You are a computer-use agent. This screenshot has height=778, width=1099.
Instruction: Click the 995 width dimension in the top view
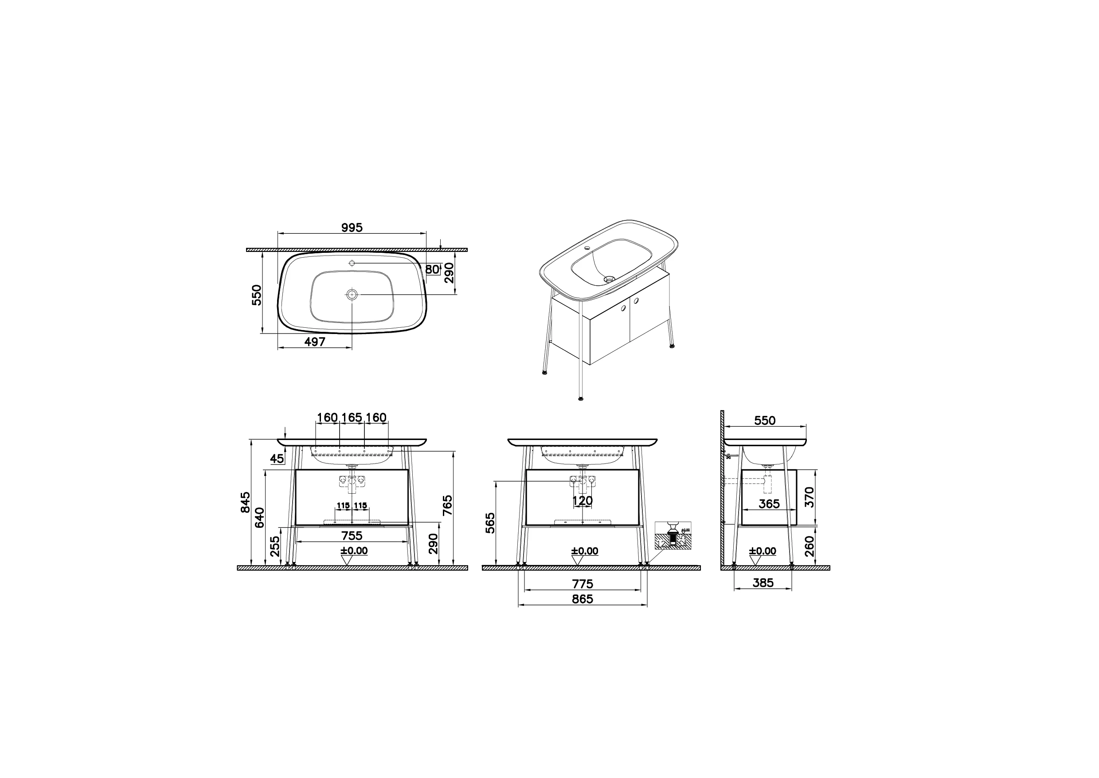coord(352,228)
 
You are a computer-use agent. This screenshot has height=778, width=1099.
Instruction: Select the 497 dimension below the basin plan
coord(315,342)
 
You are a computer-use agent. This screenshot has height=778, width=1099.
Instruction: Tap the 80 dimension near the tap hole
coord(432,269)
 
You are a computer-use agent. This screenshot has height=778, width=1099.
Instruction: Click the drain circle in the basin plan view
coord(352,295)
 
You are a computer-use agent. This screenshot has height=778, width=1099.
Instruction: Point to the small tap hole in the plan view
coord(352,263)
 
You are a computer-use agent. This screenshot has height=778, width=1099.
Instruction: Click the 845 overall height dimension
coord(246,502)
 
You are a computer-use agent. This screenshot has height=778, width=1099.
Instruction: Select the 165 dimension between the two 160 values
coord(352,417)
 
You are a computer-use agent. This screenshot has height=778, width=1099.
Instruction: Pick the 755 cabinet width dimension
coord(352,535)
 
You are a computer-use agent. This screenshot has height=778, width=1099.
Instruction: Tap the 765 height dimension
coord(448,505)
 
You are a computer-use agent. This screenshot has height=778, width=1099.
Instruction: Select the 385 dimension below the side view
coord(763,582)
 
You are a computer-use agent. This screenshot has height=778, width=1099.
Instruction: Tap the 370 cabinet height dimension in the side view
coord(809,497)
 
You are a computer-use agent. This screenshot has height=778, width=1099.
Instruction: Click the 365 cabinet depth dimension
coord(769,503)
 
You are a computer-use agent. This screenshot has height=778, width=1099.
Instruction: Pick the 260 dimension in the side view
coord(809,546)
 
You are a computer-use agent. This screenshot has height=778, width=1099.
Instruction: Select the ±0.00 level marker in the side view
coord(763,551)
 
